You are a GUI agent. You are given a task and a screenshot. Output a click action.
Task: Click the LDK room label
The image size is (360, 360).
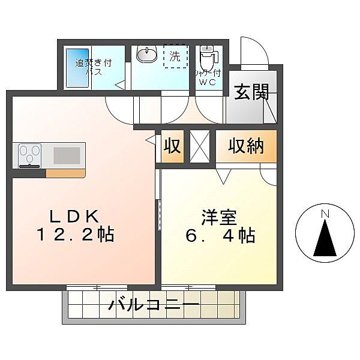(x=74, y=216)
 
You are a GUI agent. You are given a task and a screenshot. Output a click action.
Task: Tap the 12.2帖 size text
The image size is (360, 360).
(x=76, y=235)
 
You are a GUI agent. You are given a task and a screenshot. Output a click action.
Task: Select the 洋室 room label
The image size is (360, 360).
(x=219, y=217)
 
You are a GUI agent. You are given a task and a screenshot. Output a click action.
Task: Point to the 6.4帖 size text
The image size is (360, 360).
(x=220, y=236)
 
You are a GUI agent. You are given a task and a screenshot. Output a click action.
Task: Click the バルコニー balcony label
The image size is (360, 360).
(x=154, y=305)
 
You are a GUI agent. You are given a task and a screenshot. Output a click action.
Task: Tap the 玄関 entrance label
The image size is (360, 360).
(x=251, y=92)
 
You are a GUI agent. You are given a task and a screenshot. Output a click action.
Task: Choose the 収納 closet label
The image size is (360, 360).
(x=246, y=146)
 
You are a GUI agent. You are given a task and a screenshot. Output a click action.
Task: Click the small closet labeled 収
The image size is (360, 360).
(x=172, y=146)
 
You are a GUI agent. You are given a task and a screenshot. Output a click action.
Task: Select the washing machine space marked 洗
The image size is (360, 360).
(x=175, y=56)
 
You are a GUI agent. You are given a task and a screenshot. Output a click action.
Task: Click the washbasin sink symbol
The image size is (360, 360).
(x=146, y=54)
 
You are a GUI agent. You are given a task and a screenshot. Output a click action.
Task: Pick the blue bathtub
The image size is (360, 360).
(x=77, y=68)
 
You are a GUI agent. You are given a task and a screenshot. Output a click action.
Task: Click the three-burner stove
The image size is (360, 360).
(x=29, y=155)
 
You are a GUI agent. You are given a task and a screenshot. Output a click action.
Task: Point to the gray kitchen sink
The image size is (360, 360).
(x=67, y=155)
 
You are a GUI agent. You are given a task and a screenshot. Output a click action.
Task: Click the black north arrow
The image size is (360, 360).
(x=325, y=238)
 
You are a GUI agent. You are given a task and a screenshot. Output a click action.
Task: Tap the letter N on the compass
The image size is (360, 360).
(x=325, y=214)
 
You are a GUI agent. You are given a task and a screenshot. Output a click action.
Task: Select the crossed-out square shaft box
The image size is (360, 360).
(x=200, y=146)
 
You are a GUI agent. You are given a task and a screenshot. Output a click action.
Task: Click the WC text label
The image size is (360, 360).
(x=208, y=82)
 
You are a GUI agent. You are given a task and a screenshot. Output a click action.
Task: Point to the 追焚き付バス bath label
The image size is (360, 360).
(x=93, y=67)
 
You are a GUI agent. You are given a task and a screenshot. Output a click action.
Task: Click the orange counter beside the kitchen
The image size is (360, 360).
(x=65, y=173)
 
